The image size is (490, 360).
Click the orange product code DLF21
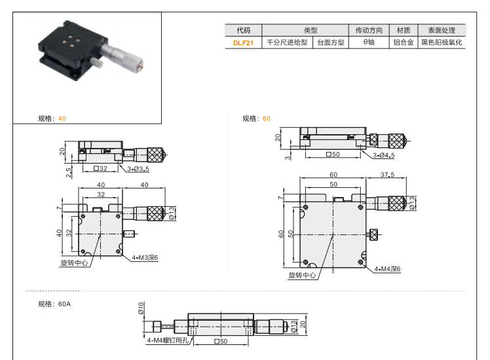pyautogui.click(x=243, y=42)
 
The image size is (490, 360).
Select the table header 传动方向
pyautogui.click(x=368, y=30)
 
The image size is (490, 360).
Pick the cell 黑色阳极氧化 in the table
pyautogui.click(x=442, y=42)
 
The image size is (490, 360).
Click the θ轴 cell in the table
pyautogui.click(x=368, y=42)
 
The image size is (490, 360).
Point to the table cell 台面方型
pyautogui.click(x=330, y=42)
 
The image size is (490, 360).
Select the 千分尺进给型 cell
pyautogui.click(x=286, y=42)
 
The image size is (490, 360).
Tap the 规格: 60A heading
pyautogui.click(x=54, y=304)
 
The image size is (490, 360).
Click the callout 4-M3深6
pyautogui.click(x=145, y=258)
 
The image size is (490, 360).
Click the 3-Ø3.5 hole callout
pyautogui.click(x=139, y=169)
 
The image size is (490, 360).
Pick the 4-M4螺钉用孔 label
pyautogui.click(x=166, y=340)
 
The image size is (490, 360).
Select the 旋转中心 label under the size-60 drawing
pyautogui.click(x=302, y=276)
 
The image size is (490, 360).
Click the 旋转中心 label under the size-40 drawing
pyautogui.click(x=73, y=262)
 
